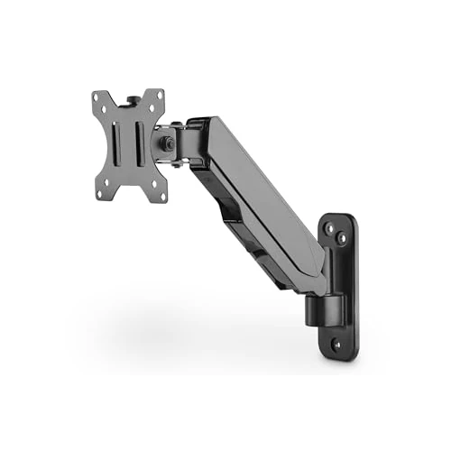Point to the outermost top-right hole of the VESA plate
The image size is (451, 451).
pyautogui.click(x=160, y=97)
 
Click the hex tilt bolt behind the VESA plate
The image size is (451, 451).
pyautogui.click(x=167, y=143)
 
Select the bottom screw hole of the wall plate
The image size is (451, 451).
pyautogui.click(x=336, y=344)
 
